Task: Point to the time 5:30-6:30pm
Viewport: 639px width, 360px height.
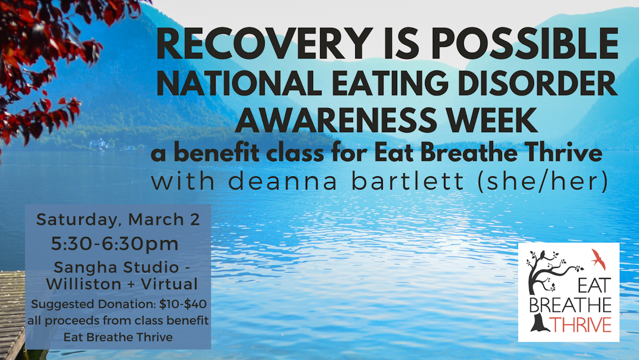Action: click(115, 244)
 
